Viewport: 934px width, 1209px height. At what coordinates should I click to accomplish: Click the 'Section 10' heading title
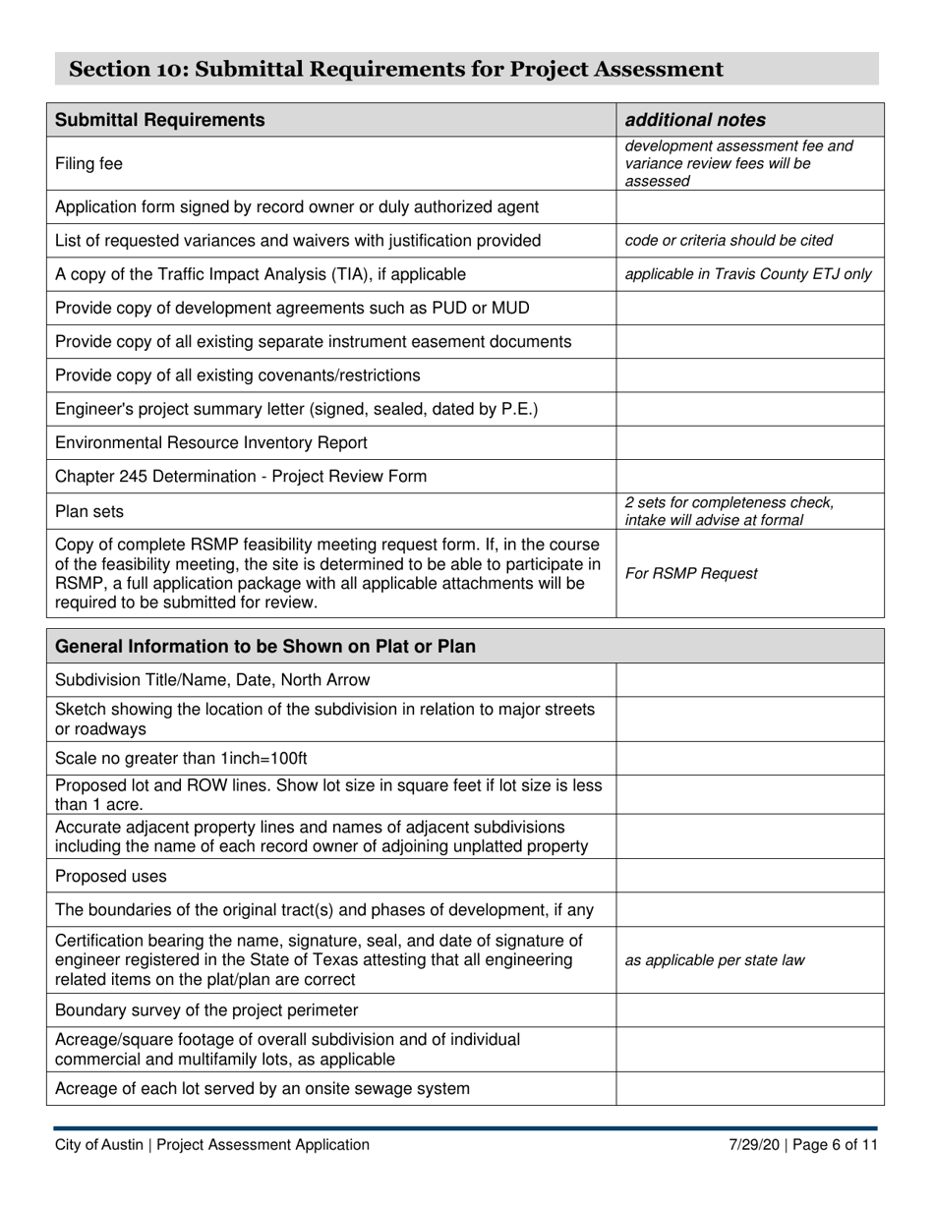pos(396,69)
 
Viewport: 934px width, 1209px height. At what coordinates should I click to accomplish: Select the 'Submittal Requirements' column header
pos(160,120)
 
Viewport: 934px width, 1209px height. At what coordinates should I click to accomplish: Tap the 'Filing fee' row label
pos(88,164)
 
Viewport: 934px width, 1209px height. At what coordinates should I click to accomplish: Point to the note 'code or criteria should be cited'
pos(729,241)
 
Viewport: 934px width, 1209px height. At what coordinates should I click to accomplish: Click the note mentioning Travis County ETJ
pos(748,274)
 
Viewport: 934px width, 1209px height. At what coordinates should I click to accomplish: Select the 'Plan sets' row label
pos(89,511)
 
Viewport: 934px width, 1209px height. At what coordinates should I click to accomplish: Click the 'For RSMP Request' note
pos(691,574)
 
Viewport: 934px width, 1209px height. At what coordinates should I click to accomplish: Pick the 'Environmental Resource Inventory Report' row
pos(211,442)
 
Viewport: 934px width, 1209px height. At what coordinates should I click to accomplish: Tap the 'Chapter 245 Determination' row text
pos(241,477)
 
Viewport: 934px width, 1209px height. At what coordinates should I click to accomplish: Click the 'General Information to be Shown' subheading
pos(265,647)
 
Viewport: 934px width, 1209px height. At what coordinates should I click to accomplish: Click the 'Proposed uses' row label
pos(111,876)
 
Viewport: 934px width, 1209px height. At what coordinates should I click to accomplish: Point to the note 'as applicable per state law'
pos(715,960)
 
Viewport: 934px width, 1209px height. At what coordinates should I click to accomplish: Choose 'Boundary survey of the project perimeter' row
pos(206,1010)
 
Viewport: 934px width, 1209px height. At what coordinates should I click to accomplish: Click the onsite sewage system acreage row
pos(263,1089)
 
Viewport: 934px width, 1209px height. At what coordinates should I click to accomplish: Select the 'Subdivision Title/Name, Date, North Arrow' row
pos(212,680)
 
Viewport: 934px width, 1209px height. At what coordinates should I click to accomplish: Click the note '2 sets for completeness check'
pos(729,503)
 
